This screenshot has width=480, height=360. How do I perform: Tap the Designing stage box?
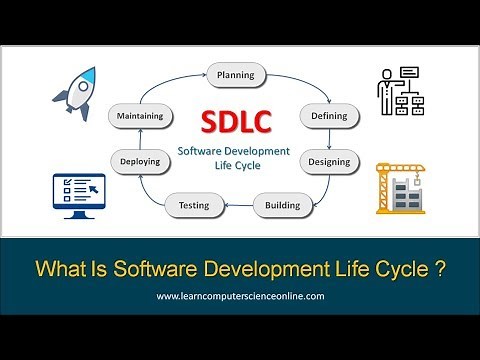click(x=328, y=161)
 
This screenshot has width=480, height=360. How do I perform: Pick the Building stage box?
click(x=282, y=205)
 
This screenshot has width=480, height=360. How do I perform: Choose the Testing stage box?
click(x=193, y=205)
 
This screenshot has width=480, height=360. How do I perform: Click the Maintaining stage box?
click(x=141, y=116)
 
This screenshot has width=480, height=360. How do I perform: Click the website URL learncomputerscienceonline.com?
click(x=239, y=297)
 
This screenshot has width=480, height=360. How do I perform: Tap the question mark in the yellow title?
click(x=439, y=268)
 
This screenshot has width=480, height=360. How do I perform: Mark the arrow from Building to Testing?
click(x=237, y=206)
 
